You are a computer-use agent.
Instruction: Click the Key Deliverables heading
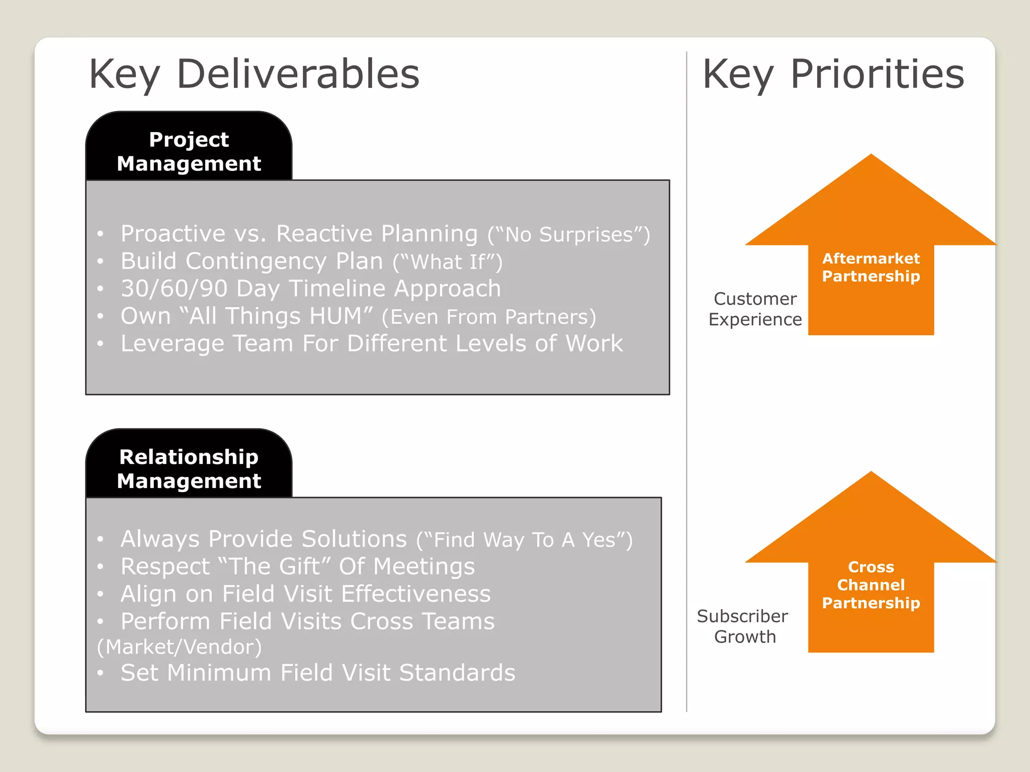[x=254, y=74]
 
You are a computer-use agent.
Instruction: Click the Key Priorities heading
[x=833, y=74]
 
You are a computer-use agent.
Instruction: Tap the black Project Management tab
[x=189, y=151]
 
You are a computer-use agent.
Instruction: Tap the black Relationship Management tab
[x=189, y=468]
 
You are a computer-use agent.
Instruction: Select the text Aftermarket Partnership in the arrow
[x=871, y=267]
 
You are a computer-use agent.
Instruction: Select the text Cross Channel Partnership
[x=871, y=585]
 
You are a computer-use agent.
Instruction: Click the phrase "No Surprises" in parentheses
[x=569, y=235]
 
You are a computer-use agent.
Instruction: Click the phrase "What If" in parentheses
[x=447, y=262]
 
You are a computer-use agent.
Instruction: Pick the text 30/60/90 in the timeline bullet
[x=174, y=288]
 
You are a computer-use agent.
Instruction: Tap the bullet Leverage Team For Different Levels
[x=371, y=344]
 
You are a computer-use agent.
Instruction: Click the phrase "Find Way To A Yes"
[x=524, y=540]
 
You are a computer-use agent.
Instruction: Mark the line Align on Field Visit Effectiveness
[x=305, y=594]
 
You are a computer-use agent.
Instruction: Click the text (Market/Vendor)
[x=180, y=647]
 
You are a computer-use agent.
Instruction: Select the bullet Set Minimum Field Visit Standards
[x=317, y=673]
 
